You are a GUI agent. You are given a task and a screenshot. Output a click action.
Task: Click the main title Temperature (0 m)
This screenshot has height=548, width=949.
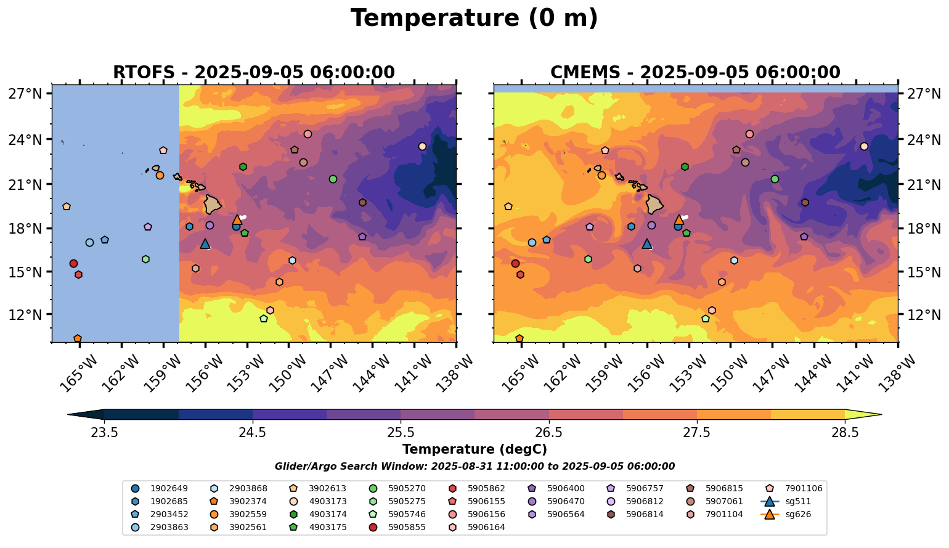474,18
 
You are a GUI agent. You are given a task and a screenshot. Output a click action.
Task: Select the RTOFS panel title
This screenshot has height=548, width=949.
253,73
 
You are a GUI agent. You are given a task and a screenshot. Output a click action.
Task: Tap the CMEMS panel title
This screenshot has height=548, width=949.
695,73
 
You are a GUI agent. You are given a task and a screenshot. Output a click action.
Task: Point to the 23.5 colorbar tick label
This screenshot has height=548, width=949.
104,432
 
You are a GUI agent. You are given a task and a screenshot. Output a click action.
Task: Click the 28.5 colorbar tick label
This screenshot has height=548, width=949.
845,432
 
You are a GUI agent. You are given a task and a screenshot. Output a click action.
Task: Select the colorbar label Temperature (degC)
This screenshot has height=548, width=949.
474,449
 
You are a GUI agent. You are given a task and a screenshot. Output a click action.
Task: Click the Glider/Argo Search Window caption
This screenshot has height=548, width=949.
474,467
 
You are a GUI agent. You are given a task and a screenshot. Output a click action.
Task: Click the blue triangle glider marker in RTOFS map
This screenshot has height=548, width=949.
205,244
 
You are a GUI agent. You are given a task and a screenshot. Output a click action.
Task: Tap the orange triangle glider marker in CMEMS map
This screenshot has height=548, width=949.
678,220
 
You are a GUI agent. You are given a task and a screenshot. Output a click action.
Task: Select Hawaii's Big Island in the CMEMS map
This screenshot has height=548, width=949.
654,204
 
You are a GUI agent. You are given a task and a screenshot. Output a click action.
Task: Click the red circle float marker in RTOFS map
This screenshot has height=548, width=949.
73,264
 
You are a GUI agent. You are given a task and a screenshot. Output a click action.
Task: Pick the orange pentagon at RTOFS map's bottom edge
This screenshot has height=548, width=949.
78,338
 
